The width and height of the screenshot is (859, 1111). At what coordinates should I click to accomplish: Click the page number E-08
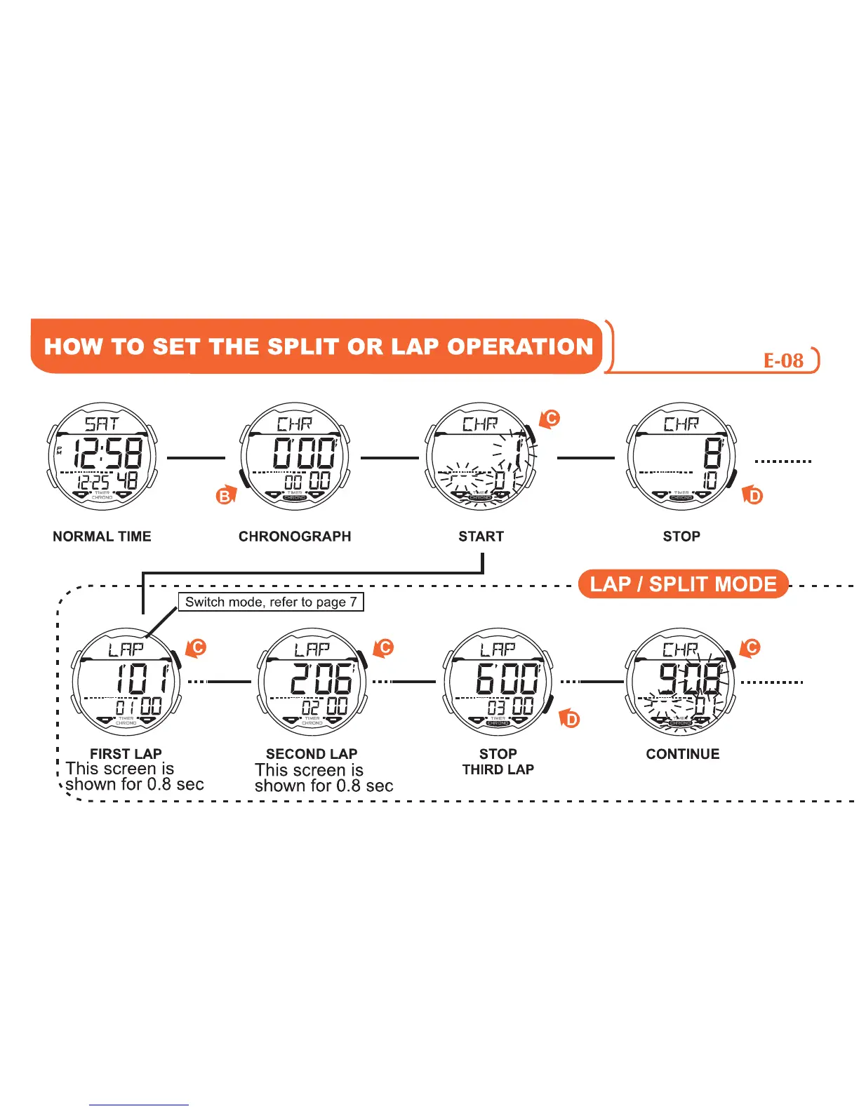click(x=783, y=361)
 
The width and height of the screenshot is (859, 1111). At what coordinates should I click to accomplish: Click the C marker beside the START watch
click(x=552, y=419)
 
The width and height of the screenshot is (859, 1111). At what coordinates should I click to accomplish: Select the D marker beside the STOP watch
click(x=754, y=496)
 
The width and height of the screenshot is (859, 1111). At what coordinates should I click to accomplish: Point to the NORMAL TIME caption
click(x=102, y=537)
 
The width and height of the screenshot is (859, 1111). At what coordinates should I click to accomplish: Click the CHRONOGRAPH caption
click(x=295, y=537)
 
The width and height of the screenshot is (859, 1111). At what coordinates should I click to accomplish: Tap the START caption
click(x=481, y=537)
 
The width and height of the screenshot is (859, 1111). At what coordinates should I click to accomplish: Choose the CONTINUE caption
click(x=683, y=754)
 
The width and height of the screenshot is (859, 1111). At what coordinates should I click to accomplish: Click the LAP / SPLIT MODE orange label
click(x=683, y=584)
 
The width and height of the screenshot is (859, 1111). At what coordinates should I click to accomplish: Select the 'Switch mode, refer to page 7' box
click(x=271, y=602)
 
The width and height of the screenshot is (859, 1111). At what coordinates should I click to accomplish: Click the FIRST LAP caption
click(x=126, y=754)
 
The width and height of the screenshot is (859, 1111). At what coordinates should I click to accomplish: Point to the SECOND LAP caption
click(x=312, y=754)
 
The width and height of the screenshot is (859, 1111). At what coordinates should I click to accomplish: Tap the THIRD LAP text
click(x=498, y=769)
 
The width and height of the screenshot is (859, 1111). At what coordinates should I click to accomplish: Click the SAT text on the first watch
click(x=102, y=424)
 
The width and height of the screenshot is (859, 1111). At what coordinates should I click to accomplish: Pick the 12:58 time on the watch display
click(x=108, y=453)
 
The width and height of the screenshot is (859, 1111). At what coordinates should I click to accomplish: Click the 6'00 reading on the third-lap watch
click(x=507, y=679)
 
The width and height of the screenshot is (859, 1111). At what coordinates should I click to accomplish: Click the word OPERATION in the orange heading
click(x=520, y=346)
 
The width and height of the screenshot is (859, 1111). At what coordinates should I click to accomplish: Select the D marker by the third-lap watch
click(x=571, y=720)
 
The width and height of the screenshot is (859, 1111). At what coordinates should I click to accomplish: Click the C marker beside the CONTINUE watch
click(x=752, y=647)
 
